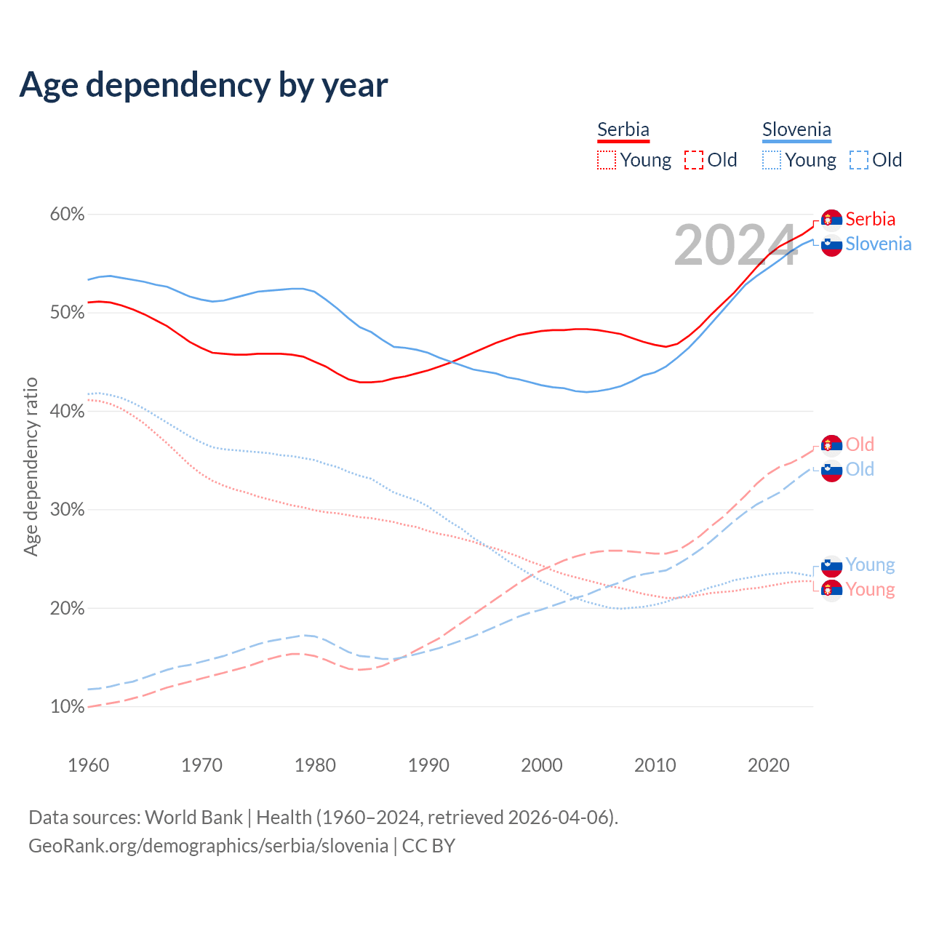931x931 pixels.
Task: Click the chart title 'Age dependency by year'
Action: click(x=204, y=85)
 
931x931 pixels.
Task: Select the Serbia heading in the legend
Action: click(x=623, y=129)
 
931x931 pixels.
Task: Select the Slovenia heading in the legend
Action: click(x=796, y=129)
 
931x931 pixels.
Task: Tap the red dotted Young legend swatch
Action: click(x=607, y=160)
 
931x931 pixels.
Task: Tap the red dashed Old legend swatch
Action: click(x=694, y=160)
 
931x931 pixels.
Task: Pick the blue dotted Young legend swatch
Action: click(x=772, y=160)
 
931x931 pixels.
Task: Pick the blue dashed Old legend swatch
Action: click(x=859, y=160)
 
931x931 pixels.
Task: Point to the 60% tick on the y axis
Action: click(x=67, y=215)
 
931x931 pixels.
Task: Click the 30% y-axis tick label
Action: click(x=67, y=510)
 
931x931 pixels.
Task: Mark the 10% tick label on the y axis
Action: click(x=67, y=707)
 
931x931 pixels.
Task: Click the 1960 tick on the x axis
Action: click(x=88, y=765)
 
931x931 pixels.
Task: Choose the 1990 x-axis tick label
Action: click(x=428, y=765)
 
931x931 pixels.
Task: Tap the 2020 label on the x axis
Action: click(x=769, y=765)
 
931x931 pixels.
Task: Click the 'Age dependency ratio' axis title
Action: click(x=31, y=466)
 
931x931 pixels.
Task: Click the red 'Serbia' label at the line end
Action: click(x=870, y=219)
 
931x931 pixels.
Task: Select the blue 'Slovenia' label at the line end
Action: click(x=878, y=244)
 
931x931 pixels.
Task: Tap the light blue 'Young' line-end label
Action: click(x=870, y=564)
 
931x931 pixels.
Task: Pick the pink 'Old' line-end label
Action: click(x=860, y=444)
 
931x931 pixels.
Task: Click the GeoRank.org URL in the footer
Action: click(x=208, y=846)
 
